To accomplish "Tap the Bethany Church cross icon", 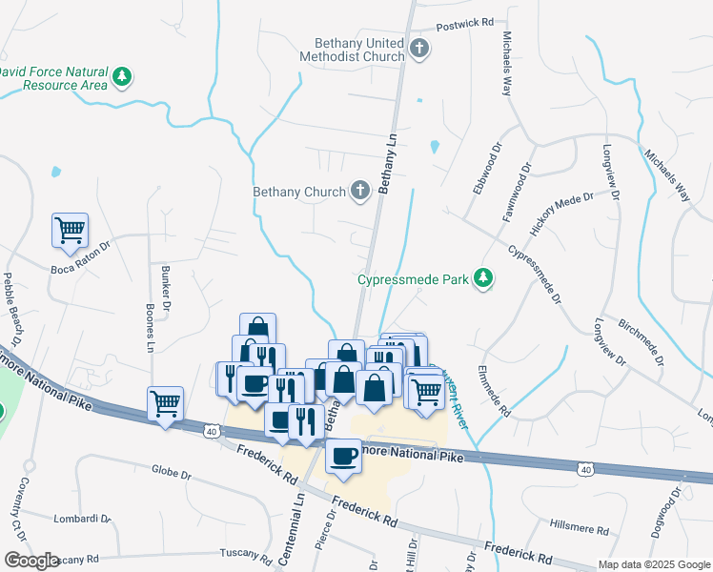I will click(x=360, y=191).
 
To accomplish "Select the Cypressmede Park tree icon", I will click(x=485, y=278).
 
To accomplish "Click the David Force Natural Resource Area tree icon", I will click(x=122, y=76).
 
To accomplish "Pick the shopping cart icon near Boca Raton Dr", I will click(x=70, y=230).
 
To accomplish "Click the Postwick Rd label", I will click(x=465, y=22).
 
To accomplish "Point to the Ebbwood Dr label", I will click(x=484, y=168).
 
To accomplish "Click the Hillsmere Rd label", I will click(x=579, y=527).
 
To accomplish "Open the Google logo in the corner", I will click(x=31, y=561).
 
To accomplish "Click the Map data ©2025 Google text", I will click(x=653, y=564).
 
